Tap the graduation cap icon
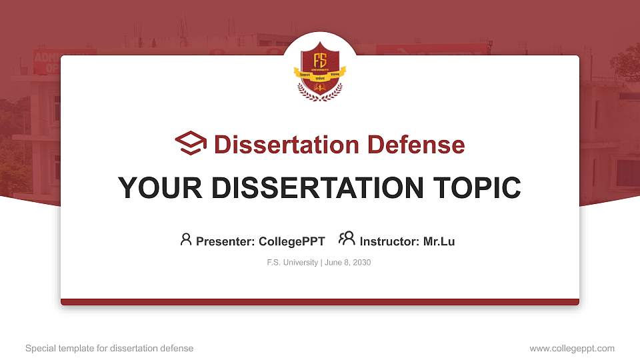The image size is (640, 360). coord(191,143)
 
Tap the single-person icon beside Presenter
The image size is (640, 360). coord(186,239)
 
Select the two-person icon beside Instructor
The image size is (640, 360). coord(347,239)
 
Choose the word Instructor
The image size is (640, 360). coord(389,241)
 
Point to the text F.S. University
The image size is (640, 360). coord(292,263)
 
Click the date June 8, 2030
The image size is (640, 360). coord(348,263)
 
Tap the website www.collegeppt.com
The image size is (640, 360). coord(572,348)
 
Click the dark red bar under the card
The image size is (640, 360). coord(320,302)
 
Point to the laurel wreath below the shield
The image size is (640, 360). coord(320,94)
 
